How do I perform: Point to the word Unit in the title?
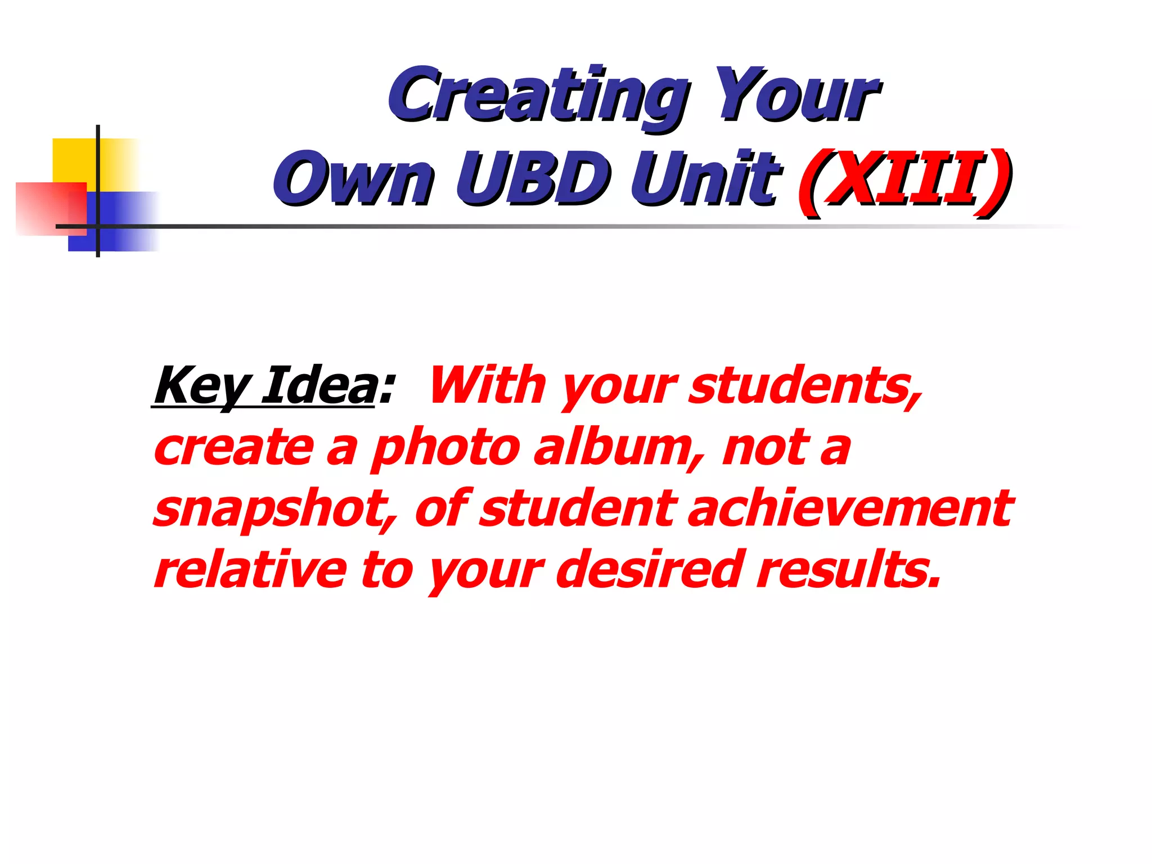click(x=705, y=179)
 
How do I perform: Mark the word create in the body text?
click(x=233, y=449)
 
